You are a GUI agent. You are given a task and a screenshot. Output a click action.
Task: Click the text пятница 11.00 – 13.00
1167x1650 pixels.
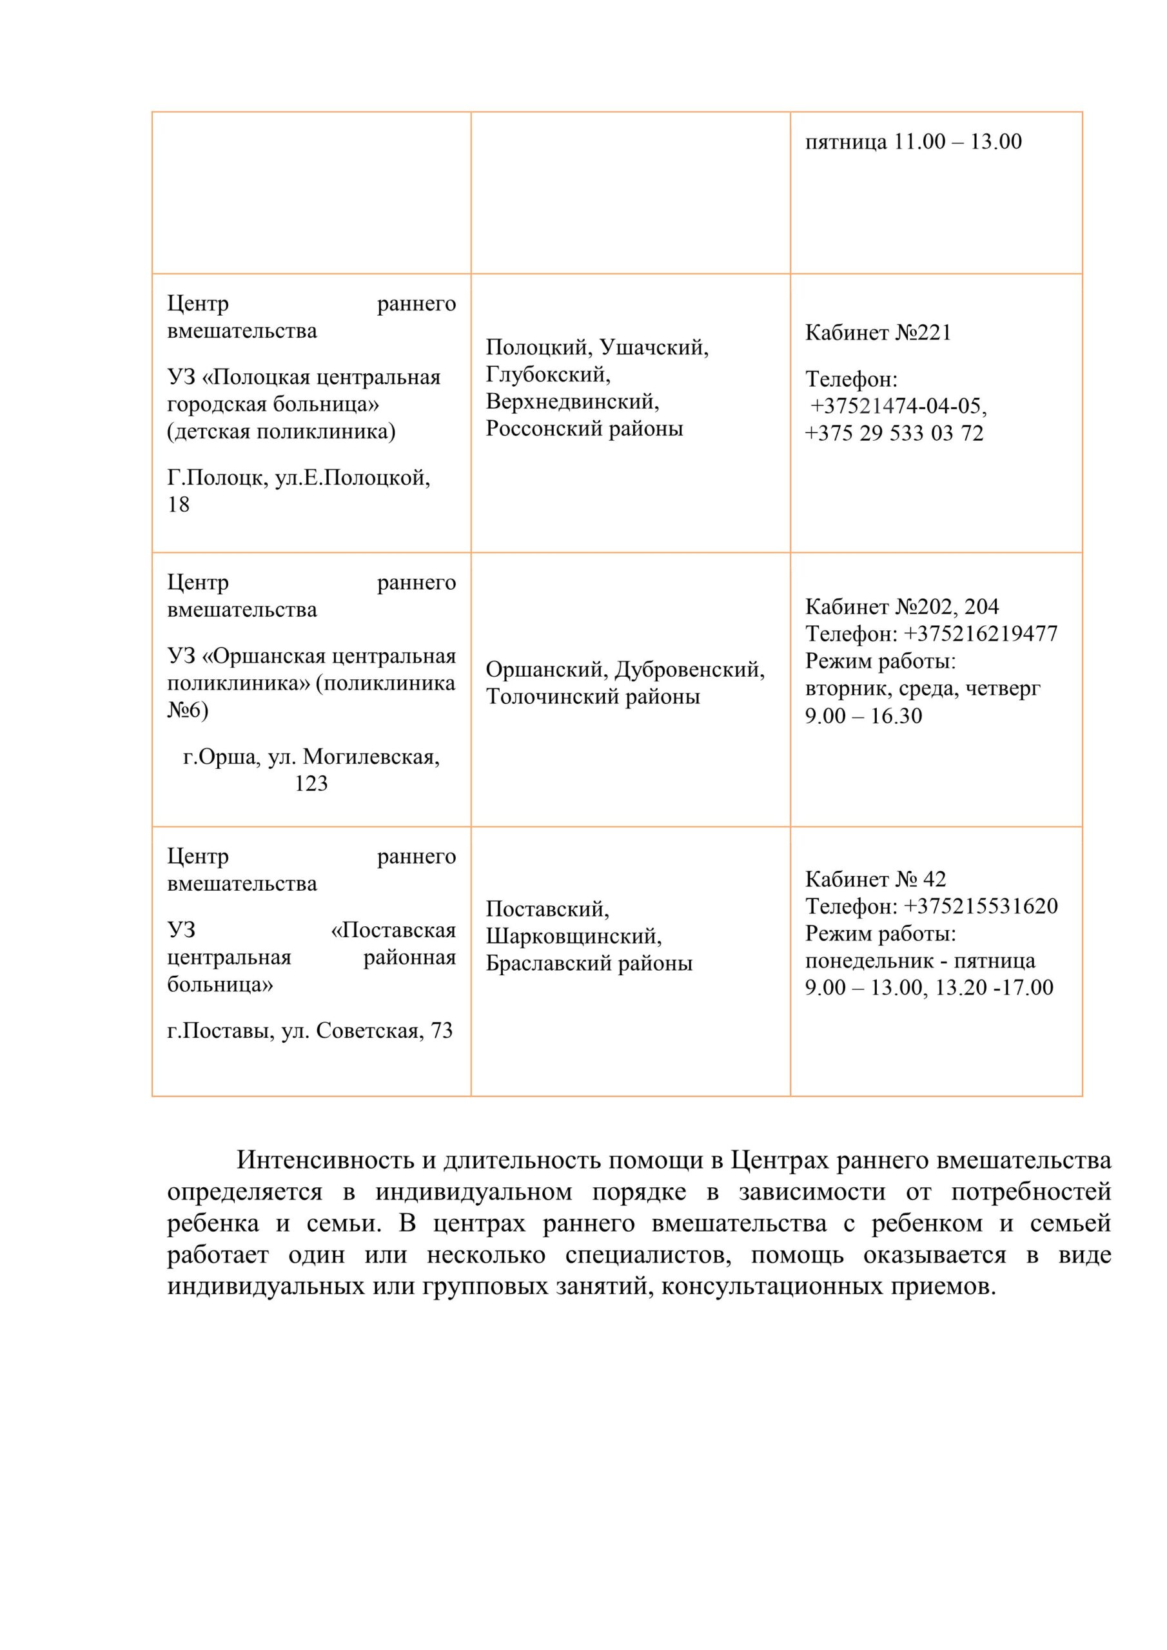[912, 142]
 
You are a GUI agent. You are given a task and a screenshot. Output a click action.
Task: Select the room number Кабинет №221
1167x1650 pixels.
[878, 333]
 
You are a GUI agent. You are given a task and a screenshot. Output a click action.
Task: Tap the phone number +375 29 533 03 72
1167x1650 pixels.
[894, 433]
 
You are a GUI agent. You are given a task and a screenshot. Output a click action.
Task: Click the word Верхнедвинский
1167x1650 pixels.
[573, 401]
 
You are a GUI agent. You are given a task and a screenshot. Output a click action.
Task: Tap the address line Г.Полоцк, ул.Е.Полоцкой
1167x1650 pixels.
[299, 477]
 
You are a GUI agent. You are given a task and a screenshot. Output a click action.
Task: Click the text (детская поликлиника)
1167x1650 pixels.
[281, 431]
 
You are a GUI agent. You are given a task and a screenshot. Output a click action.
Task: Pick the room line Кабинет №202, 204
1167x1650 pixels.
[901, 607]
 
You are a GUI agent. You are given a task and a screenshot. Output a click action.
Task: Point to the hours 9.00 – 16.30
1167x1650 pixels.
[863, 716]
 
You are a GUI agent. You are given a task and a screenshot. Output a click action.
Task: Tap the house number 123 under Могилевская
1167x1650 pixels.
[311, 783]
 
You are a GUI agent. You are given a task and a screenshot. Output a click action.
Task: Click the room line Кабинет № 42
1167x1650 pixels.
[875, 879]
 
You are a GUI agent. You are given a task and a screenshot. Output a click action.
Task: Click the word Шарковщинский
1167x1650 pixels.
[573, 937]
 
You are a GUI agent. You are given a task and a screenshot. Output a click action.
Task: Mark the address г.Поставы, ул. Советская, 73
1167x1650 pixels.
[310, 1031]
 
